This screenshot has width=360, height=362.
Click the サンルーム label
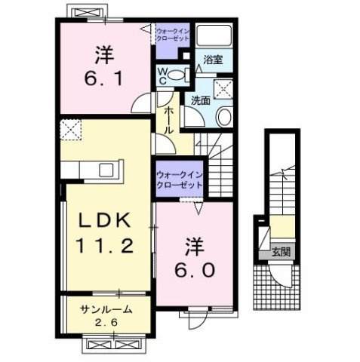pyautogui.click(x=108, y=308)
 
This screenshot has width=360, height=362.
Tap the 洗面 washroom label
pyautogui.click(x=200, y=99)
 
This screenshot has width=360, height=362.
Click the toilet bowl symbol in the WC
pyautogui.click(x=177, y=74)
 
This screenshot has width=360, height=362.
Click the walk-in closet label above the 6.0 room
pyautogui.click(x=180, y=179)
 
